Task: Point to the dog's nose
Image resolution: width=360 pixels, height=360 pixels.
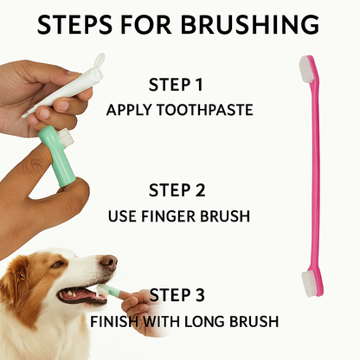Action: [x=108, y=260]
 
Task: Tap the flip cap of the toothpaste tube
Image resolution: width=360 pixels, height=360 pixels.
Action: [x=98, y=62]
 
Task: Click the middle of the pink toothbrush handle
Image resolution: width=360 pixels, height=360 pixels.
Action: [x=309, y=173]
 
